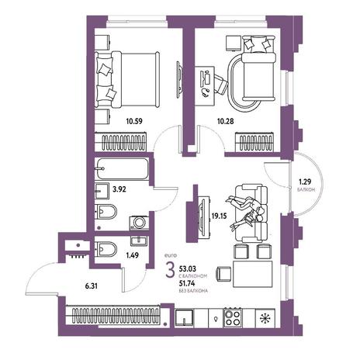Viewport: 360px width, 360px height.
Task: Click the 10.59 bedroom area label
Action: [x=134, y=121]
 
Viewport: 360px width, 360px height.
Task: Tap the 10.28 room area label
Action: [x=226, y=121]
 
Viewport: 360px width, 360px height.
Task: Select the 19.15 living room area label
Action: [x=220, y=216]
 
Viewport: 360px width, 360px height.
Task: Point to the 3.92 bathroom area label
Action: [x=119, y=189]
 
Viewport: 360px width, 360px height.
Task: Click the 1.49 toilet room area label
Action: [x=132, y=255]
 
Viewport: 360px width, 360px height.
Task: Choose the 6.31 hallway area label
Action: [x=92, y=286]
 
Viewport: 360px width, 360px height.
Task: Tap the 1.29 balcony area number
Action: [x=304, y=182]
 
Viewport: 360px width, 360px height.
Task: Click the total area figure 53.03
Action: [x=188, y=269]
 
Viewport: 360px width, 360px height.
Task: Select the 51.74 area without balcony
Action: [x=188, y=284]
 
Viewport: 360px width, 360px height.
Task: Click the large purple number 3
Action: [x=170, y=269]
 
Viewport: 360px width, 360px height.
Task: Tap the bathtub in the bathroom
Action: [x=122, y=169]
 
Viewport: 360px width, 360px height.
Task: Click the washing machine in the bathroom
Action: [x=139, y=223]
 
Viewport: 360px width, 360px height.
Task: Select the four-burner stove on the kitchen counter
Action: [x=233, y=317]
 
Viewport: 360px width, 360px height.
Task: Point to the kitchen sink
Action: [x=184, y=317]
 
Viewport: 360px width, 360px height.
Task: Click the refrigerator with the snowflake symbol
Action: [x=265, y=318]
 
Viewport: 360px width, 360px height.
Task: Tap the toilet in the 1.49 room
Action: [x=106, y=249]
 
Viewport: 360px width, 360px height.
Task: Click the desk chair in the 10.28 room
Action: [x=220, y=84]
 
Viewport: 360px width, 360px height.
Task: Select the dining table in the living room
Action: [x=253, y=274]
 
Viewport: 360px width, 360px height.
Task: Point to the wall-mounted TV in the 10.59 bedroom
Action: [x=179, y=78]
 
